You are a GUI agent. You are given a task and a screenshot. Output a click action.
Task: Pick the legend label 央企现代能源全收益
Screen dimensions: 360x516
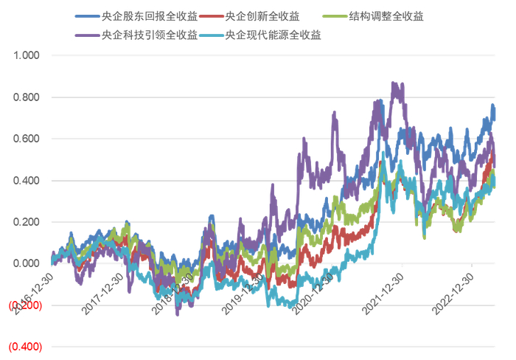pyautogui.click(x=273, y=34)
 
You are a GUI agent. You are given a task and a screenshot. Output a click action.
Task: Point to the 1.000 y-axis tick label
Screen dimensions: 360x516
pyautogui.click(x=25, y=55)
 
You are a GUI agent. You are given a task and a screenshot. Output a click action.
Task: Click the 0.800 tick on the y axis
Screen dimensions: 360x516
pyautogui.click(x=25, y=97)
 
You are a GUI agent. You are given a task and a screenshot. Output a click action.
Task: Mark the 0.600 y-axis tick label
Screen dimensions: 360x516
pyautogui.click(x=25, y=139)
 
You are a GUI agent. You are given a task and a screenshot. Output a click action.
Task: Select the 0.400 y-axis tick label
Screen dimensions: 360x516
pyautogui.click(x=25, y=181)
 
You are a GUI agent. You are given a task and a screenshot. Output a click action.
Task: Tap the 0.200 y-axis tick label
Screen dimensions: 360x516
pyautogui.click(x=25, y=222)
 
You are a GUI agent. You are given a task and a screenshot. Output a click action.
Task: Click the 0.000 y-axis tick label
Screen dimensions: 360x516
pyautogui.click(x=25, y=263)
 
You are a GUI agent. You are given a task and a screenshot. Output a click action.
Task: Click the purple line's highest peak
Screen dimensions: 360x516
pyautogui.click(x=394, y=83)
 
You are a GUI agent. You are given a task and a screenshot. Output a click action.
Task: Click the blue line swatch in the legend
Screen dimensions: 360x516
pyautogui.click(x=87, y=15)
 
